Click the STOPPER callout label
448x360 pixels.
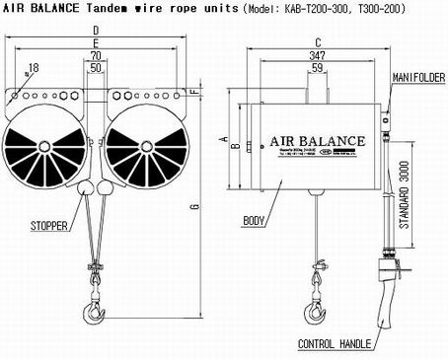(48, 225)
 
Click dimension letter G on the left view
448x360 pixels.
(195, 205)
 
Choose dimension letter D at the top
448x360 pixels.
(95, 30)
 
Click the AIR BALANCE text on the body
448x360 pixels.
(318, 140)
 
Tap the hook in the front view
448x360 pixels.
(93, 313)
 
